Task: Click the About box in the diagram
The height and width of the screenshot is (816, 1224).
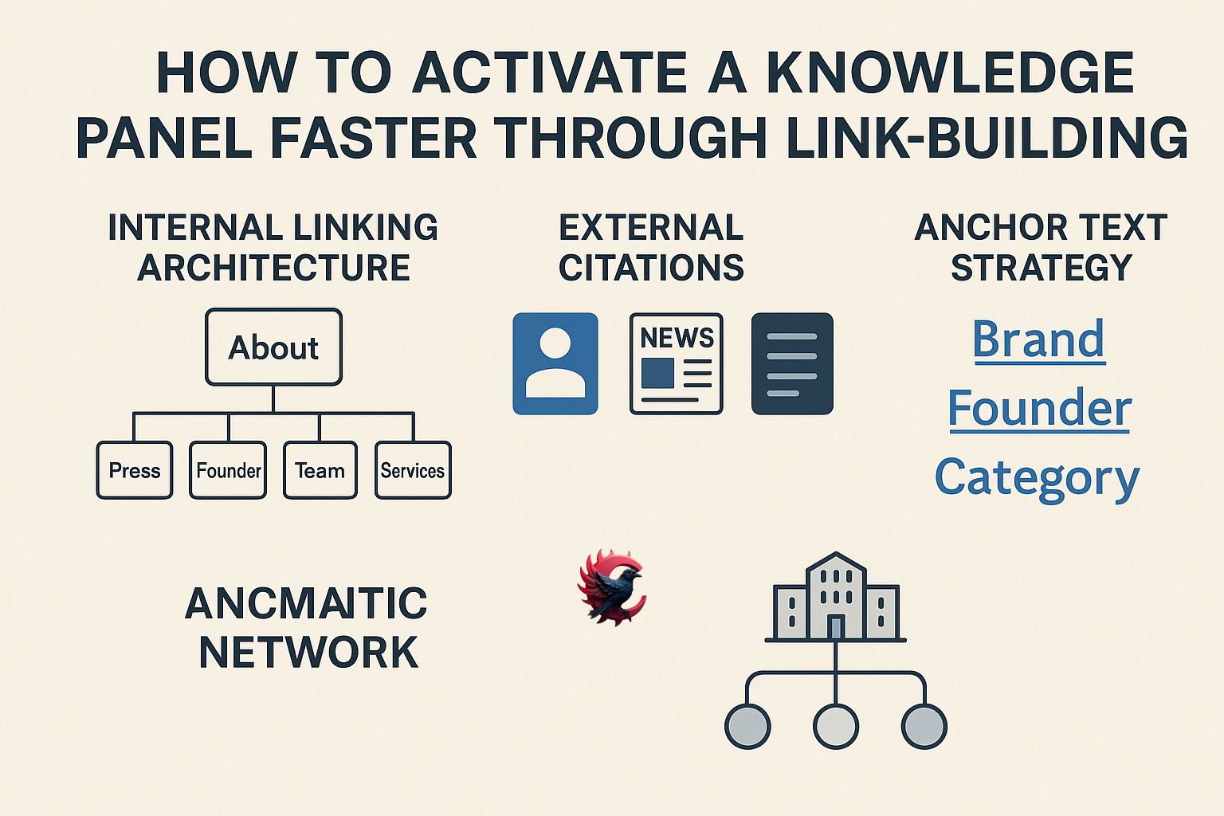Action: [273, 347]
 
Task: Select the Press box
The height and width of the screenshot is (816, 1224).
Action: [134, 470]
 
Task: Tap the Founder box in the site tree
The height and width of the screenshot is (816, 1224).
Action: [228, 470]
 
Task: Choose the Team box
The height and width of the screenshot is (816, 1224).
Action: [320, 470]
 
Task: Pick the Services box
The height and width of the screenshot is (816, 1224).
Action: [413, 470]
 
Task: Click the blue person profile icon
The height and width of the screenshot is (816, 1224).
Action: [555, 363]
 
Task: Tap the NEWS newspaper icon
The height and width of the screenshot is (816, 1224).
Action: [676, 363]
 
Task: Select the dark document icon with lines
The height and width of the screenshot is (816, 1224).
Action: [792, 363]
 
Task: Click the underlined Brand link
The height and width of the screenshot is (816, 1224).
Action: [1038, 339]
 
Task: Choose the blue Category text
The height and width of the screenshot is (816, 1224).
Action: [1037, 478]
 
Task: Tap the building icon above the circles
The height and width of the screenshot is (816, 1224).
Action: [835, 598]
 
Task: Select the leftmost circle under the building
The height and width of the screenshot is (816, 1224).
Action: [747, 726]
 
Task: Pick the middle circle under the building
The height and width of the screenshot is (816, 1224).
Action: [835, 726]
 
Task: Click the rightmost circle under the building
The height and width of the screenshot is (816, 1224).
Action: [924, 726]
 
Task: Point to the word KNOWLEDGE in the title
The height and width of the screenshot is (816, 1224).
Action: [949, 73]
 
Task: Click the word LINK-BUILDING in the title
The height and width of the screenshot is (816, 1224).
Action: [987, 139]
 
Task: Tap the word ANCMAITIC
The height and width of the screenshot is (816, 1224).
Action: [306, 603]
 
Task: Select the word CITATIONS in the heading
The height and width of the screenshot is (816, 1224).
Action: [651, 268]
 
